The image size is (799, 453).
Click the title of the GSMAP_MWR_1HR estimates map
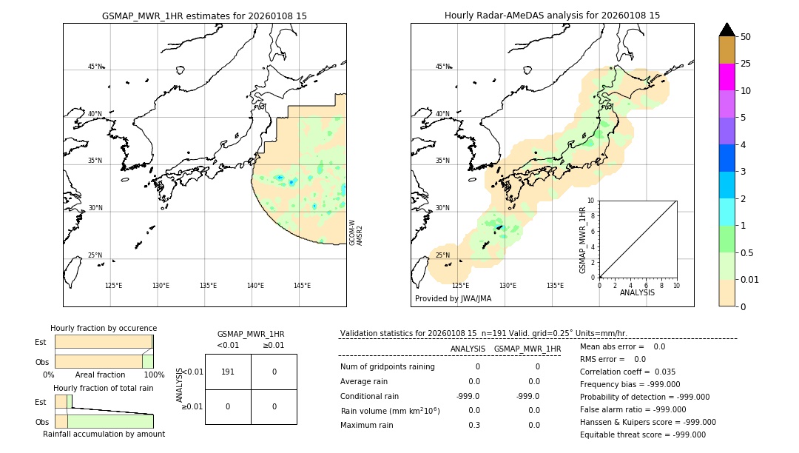[204, 16]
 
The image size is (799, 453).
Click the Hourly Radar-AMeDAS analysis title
[552, 16]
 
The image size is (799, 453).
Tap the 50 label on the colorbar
[746, 37]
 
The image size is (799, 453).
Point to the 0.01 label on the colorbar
[750, 279]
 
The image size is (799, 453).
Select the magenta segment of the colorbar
[726, 77]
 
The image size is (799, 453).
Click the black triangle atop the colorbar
[726, 30]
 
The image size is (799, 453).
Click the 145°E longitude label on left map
[302, 286]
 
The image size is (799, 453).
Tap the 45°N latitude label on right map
[442, 67]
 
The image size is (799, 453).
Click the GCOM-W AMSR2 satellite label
[356, 232]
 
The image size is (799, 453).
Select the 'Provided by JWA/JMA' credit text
[453, 299]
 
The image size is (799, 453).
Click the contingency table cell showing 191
[228, 372]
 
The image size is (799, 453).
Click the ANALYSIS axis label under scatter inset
[637, 292]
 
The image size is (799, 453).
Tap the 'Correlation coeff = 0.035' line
[627, 372]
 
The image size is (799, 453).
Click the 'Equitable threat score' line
[642, 434]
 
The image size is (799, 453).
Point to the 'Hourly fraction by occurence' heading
[104, 328]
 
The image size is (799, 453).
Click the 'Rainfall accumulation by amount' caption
[104, 434]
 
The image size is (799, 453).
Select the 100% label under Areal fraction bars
[153, 375]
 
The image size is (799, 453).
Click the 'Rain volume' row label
[390, 411]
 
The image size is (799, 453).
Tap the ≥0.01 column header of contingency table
[274, 345]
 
